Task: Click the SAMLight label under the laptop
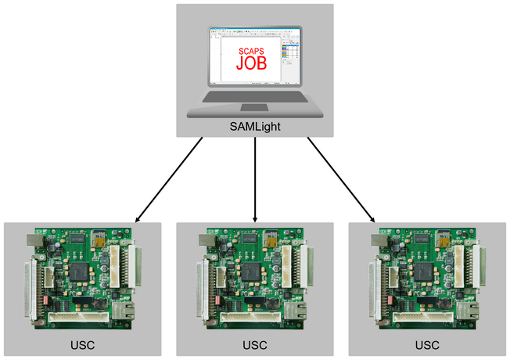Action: pyautogui.click(x=255, y=125)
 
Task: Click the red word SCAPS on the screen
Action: pyautogui.click(x=253, y=51)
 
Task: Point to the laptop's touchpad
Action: pyautogui.click(x=255, y=107)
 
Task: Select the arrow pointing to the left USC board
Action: pyautogui.click(x=169, y=179)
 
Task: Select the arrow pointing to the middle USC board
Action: pyautogui.click(x=256, y=179)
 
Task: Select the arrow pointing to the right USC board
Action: pyautogui.click(x=341, y=179)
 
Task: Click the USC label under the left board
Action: pyautogui.click(x=82, y=344)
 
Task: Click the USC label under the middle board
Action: pyautogui.click(x=255, y=344)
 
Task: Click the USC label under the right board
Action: pyautogui.click(x=427, y=344)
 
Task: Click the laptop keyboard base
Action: pyautogui.click(x=255, y=100)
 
